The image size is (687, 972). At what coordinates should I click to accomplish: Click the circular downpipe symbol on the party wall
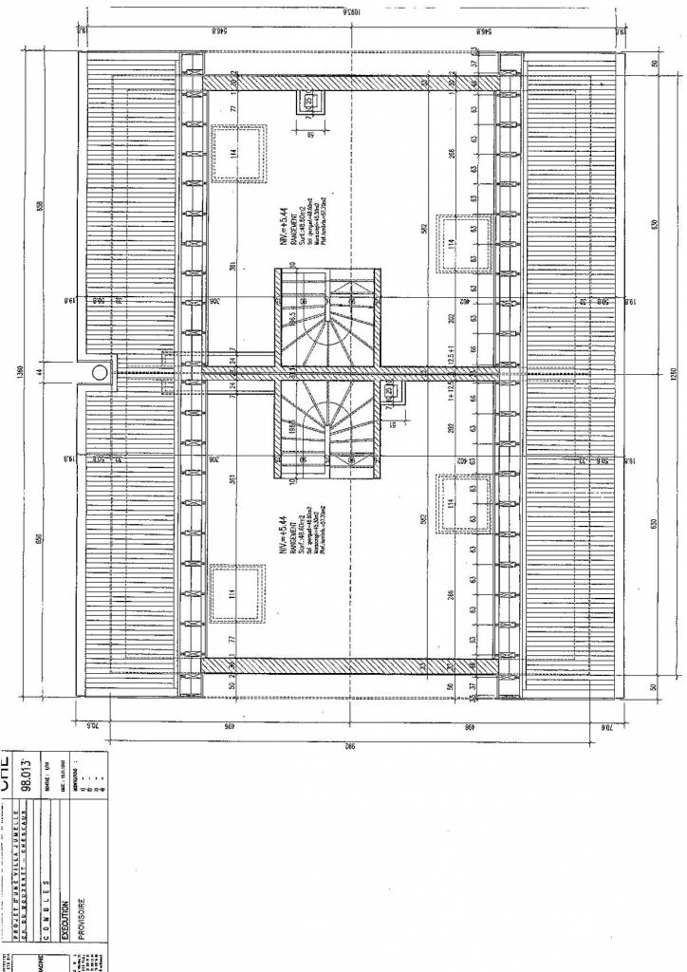click(98, 372)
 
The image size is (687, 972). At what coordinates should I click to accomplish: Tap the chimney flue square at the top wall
click(309, 102)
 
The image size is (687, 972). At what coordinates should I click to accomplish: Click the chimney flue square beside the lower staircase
click(392, 391)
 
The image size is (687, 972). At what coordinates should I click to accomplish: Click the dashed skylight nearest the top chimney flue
click(236, 152)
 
